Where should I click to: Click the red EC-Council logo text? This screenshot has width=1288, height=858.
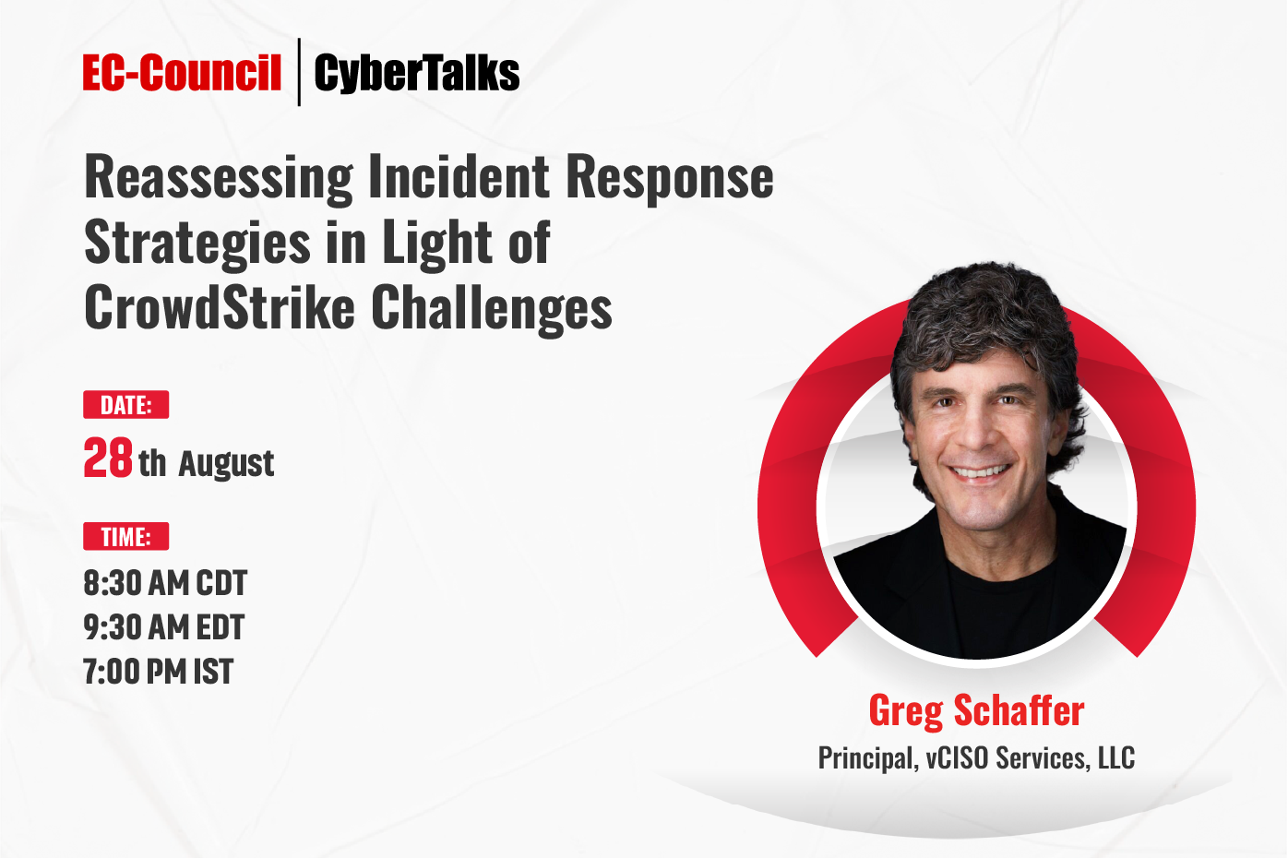[182, 73]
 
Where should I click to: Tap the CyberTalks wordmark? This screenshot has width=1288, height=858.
[417, 73]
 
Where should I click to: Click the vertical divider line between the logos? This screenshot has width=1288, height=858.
[299, 72]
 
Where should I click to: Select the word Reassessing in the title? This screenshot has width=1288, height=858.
[219, 178]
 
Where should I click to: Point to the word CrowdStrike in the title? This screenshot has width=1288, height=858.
[220, 307]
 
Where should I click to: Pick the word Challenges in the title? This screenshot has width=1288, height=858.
[492, 311]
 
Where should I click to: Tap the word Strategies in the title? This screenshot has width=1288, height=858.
[197, 244]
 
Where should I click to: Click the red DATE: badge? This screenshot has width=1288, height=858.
[125, 405]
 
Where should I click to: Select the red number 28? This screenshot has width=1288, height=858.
[108, 458]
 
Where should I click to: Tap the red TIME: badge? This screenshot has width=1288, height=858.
[125, 537]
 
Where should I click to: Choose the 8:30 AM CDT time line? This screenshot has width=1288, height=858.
[165, 583]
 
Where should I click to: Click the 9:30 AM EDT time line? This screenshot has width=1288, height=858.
[164, 626]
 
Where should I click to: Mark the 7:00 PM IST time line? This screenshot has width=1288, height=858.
[159, 671]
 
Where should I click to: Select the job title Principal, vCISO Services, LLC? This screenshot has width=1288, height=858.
[976, 758]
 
